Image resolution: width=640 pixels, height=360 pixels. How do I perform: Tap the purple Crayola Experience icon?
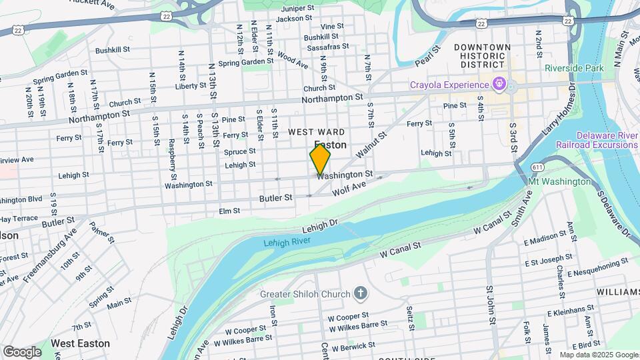click(498, 85)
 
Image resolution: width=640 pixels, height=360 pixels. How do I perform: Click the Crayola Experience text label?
click(450, 85)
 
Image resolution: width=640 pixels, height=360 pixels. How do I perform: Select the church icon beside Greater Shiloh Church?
click(361, 292)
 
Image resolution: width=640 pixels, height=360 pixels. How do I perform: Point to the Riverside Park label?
click(573, 68)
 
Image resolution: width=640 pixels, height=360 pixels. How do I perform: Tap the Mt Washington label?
click(559, 182)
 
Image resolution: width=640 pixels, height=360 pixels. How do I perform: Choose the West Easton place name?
click(81, 343)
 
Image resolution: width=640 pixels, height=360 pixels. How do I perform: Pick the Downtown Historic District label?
click(482, 56)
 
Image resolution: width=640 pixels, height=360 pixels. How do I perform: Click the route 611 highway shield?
click(538, 166)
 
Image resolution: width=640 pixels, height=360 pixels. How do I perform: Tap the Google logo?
click(22, 351)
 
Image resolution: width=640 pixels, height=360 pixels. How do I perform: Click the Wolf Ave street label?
click(350, 189)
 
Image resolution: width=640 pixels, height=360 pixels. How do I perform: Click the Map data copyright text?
click(598, 355)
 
